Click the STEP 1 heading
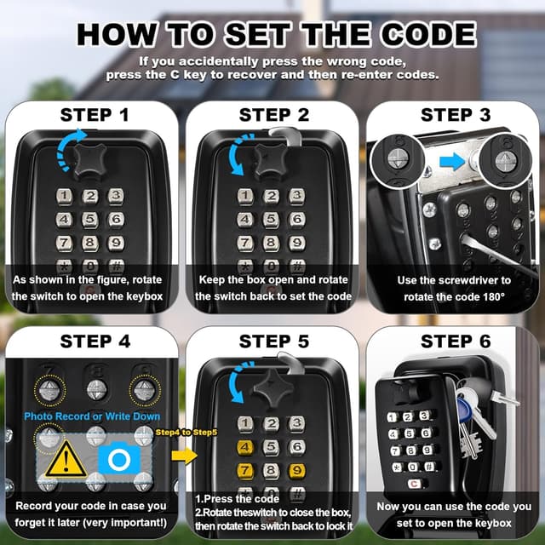tap(95, 115)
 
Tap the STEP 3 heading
tap(456, 115)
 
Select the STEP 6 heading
tap(456, 341)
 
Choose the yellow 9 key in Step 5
tap(296, 470)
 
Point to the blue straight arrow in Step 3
tap(452, 159)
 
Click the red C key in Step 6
tap(415, 483)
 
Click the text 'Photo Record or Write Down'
tap(87, 416)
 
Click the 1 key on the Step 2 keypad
tap(246, 197)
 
